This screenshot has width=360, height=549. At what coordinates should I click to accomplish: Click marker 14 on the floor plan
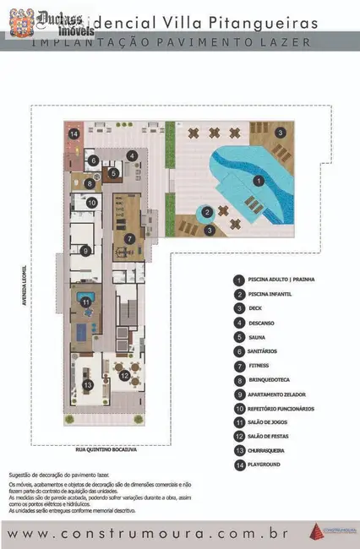point(74,133)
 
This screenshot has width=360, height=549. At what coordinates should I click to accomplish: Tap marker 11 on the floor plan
point(86,302)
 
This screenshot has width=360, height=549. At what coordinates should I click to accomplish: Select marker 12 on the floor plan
point(124,376)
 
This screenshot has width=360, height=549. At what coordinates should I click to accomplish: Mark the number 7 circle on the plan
point(129,238)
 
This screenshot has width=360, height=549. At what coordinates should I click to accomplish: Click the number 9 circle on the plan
point(86,250)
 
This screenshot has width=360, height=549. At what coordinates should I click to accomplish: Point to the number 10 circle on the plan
point(93,203)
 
